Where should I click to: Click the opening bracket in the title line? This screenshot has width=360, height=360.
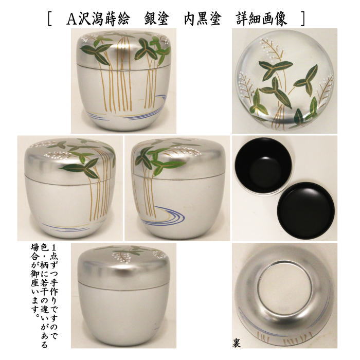[49, 19]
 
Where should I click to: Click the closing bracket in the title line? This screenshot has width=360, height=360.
[303, 19]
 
